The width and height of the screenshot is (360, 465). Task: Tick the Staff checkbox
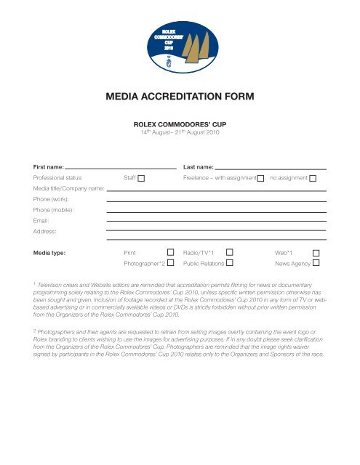141,177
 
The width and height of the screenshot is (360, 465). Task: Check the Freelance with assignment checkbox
260,177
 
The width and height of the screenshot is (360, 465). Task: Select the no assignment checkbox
313,177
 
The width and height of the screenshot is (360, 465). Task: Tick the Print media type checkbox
170,251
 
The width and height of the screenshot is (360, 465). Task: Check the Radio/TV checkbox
229,251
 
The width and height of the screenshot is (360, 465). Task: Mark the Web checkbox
316,251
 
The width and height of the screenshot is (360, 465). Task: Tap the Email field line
216,219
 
